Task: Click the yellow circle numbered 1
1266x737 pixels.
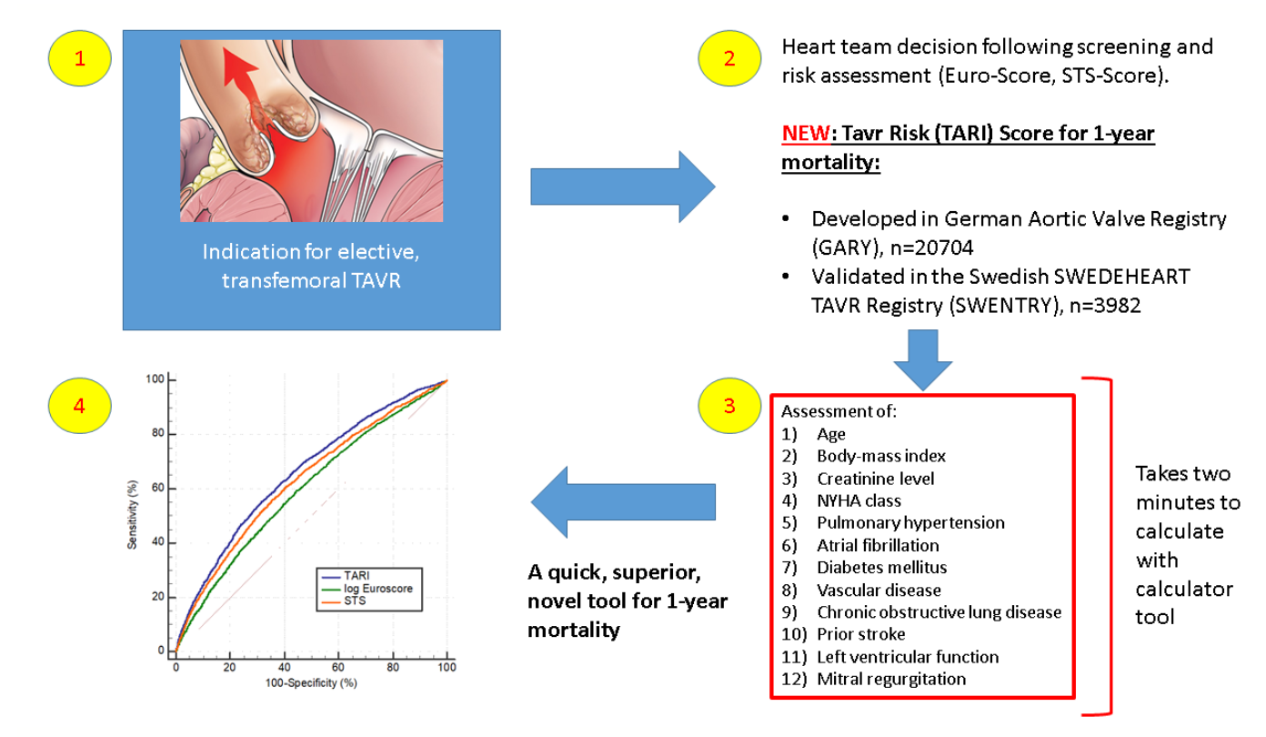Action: [x=80, y=60]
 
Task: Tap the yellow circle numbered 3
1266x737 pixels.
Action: [x=729, y=407]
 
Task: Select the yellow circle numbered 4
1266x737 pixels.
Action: [x=79, y=407]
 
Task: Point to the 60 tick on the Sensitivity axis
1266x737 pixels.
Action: [x=158, y=489]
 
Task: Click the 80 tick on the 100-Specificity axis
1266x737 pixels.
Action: [x=393, y=666]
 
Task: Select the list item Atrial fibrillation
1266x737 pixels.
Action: [x=877, y=545]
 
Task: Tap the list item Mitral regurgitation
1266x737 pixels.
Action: [x=890, y=679]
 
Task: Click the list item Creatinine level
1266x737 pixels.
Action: [x=874, y=479]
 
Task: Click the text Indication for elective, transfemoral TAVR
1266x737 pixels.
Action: [x=311, y=266]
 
